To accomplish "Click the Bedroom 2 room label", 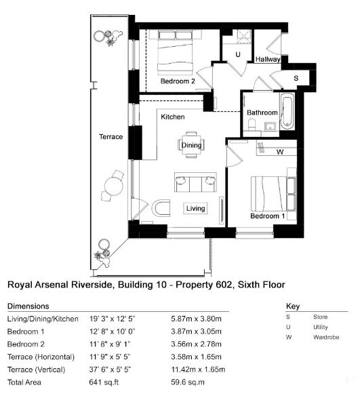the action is coord(178,81).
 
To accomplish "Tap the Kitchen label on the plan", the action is coord(173,117).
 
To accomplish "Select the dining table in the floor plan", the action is coord(191,144).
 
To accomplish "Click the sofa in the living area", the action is coord(195,182).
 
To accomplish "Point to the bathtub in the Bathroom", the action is coord(287,111).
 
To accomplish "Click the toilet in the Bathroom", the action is coord(252,125).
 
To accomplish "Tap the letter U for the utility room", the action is coord(238,54).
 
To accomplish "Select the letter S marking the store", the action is coord(296,78).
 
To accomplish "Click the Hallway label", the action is coord(268,60).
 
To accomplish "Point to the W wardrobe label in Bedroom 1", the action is coord(280,152).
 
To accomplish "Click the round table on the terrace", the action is coord(114,186).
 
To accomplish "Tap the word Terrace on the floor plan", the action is coord(111,137).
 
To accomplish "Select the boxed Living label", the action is coord(195,208).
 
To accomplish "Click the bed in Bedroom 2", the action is coord(175,52).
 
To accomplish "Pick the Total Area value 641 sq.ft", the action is coord(104,382).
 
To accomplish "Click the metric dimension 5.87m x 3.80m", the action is coord(196,319).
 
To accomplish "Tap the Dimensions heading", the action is coord(28,306).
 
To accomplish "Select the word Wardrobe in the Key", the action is coord(326,338).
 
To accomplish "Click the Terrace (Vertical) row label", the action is coord(37,370).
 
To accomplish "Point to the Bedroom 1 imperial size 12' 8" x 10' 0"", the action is coord(113,332).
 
